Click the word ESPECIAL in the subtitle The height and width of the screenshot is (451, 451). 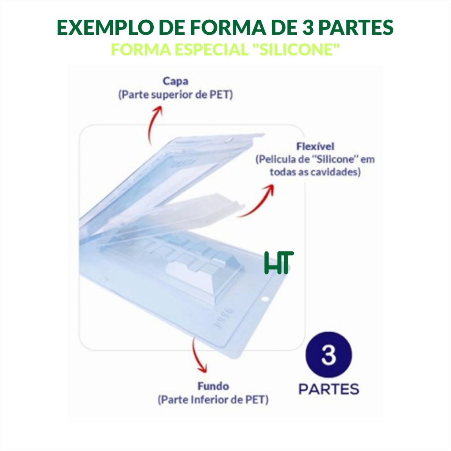(211, 49)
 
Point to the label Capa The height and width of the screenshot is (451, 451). (175, 81)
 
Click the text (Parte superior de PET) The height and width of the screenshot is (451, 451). (175, 95)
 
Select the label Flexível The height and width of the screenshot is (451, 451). (315, 146)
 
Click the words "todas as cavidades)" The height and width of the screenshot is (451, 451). (315, 172)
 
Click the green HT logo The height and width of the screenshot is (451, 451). (279, 262)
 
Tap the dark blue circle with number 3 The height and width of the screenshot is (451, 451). (329, 355)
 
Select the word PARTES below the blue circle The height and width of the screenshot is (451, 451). (329, 389)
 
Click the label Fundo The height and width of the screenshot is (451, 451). (213, 386)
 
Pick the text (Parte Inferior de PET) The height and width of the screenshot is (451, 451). (213, 399)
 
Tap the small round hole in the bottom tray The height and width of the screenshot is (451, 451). (265, 299)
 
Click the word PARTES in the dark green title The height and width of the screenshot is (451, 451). (356, 28)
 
